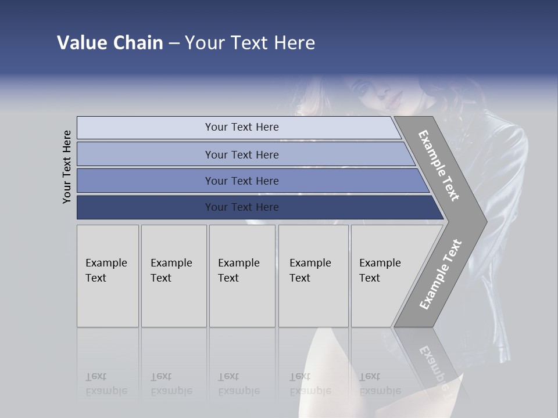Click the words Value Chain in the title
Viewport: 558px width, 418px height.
[x=110, y=43]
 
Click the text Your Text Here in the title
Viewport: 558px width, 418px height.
[x=250, y=43]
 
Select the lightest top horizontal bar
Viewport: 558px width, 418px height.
[x=241, y=127]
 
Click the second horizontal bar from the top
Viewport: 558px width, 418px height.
[x=241, y=154]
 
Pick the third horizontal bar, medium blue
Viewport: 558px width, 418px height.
[x=241, y=181]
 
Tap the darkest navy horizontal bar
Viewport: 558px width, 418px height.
[x=241, y=207]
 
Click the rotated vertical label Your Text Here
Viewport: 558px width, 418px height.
[x=67, y=167]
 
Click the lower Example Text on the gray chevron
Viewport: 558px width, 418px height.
[x=441, y=274]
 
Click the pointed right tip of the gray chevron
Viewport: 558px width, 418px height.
[x=484, y=221]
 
